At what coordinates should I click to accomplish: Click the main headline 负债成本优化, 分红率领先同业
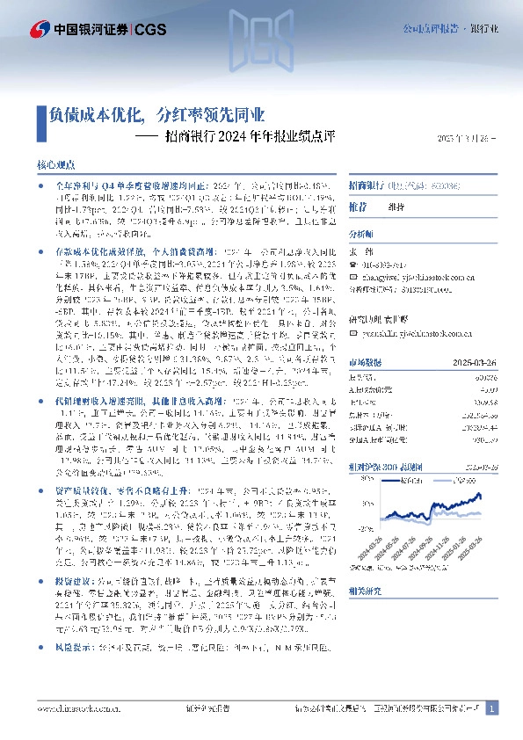157,114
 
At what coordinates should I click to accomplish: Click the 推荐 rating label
358,207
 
